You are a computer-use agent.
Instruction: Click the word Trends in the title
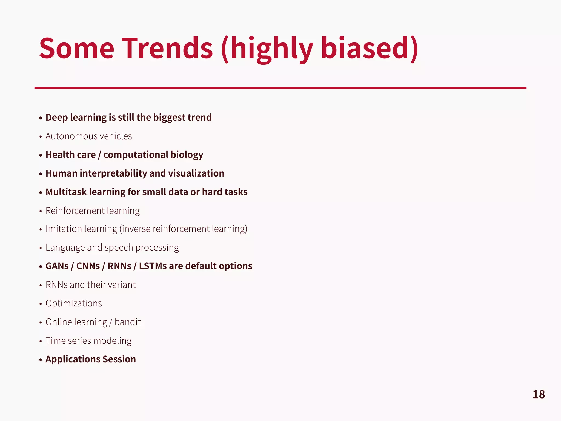tap(167, 49)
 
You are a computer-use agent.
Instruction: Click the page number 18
tap(539, 394)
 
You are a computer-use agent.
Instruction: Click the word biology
tap(187, 155)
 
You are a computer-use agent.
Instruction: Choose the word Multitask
tap(66, 192)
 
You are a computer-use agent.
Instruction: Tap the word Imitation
tap(63, 229)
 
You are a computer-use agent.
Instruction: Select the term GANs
tap(57, 266)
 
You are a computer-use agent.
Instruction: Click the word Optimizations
tap(74, 303)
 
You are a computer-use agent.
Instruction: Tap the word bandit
tap(128, 322)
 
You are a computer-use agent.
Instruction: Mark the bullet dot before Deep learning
tap(41, 118)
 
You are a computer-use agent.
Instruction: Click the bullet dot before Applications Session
tap(41, 360)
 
